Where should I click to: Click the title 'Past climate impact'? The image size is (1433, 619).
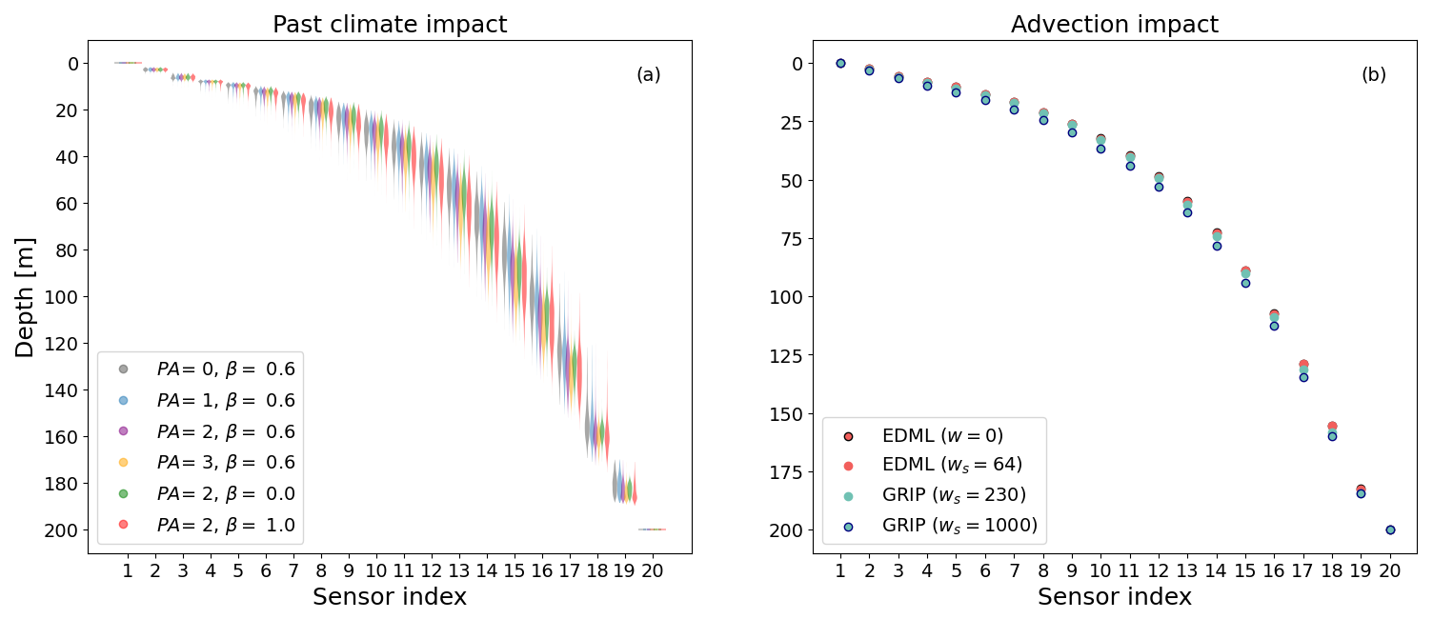point(390,25)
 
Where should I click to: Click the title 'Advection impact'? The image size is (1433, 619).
point(1114,25)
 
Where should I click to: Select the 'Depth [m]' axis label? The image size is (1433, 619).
point(25,297)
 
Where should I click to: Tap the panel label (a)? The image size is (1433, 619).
point(648,75)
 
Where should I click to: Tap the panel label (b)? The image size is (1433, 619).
point(1373,75)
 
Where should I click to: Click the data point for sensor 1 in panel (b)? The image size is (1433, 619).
point(840,63)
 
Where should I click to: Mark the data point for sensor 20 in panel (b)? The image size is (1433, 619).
point(1390,529)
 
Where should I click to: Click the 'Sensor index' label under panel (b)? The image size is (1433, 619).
point(1114,597)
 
